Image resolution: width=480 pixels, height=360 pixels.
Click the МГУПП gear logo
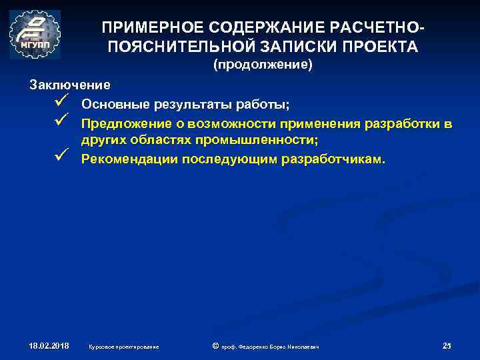35,34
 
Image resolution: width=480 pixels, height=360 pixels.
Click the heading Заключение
70,85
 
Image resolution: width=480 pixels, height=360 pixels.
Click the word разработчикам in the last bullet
339,159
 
